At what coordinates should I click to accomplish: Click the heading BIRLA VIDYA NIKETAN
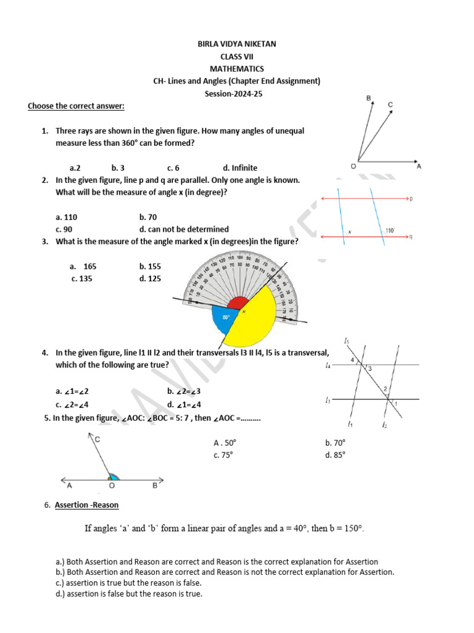(237, 45)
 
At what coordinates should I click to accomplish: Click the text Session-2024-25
(237, 93)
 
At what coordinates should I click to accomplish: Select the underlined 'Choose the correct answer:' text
(76, 106)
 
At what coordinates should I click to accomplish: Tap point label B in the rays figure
(368, 98)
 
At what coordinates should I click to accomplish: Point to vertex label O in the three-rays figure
(352, 166)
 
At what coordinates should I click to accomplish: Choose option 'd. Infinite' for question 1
(240, 168)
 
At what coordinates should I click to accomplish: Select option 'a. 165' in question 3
(83, 266)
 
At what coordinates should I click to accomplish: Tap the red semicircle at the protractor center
(238, 303)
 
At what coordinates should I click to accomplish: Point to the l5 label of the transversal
(347, 341)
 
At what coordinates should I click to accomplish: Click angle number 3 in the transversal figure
(370, 369)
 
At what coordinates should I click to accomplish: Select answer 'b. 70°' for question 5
(335, 443)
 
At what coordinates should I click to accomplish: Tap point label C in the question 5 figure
(98, 438)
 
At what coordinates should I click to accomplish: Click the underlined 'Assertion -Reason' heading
(86, 505)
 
